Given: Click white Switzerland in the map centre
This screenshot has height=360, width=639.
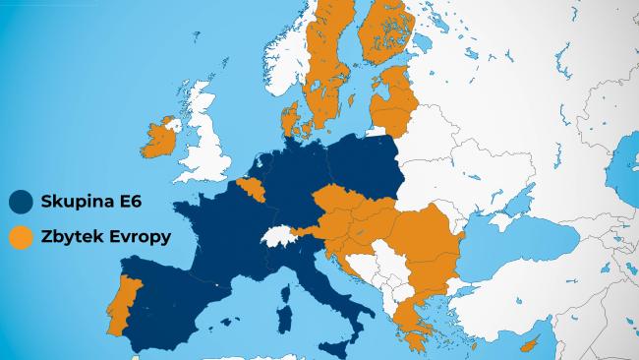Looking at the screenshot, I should tap(279, 239).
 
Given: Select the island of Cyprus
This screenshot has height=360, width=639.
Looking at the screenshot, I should tap(533, 342).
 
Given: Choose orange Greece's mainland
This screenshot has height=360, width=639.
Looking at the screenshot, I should tap(407, 315).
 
